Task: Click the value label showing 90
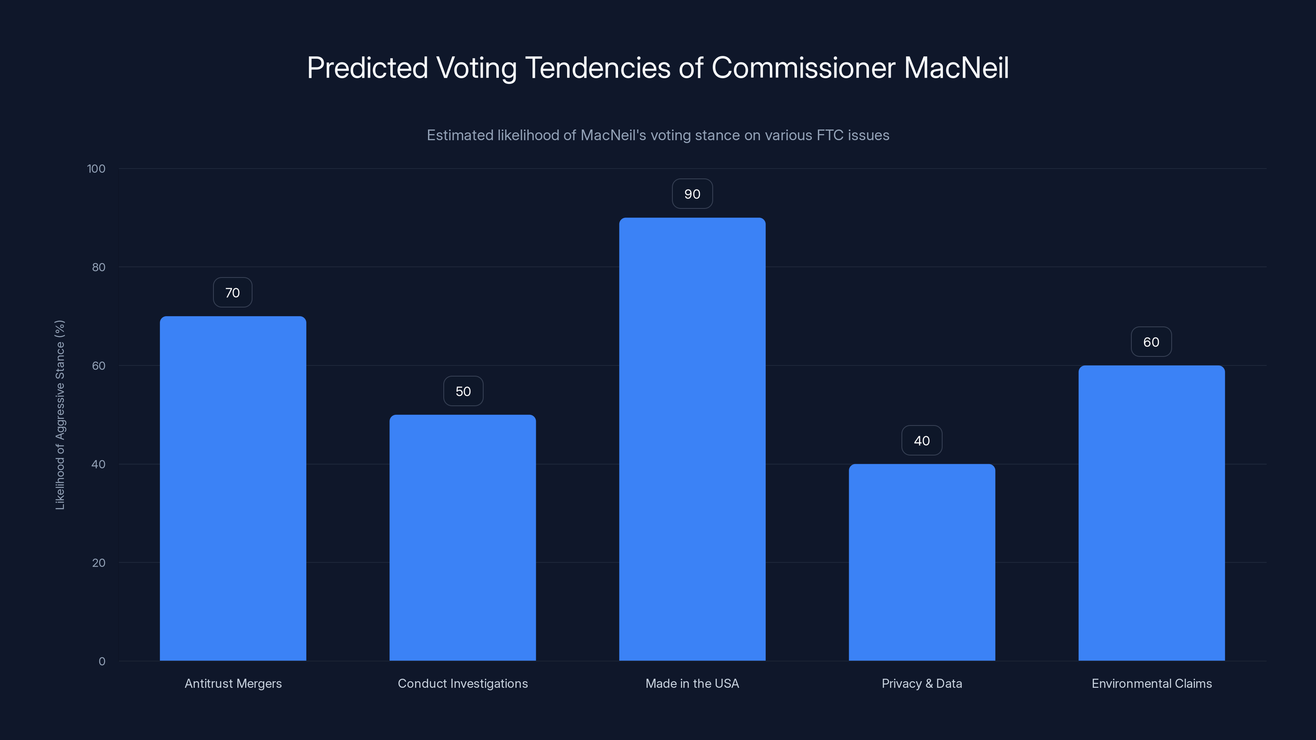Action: (692, 194)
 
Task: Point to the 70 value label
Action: (232, 293)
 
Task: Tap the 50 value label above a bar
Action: (463, 391)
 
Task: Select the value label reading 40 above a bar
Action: (922, 441)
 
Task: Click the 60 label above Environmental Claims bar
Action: (1151, 342)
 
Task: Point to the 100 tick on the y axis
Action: (96, 169)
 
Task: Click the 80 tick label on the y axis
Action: (99, 267)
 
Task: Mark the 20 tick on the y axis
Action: (99, 563)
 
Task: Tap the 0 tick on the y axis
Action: (102, 661)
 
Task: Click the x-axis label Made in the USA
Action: (692, 683)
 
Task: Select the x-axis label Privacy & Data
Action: (922, 683)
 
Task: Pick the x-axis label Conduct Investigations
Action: (462, 683)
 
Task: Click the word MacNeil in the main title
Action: (956, 68)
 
